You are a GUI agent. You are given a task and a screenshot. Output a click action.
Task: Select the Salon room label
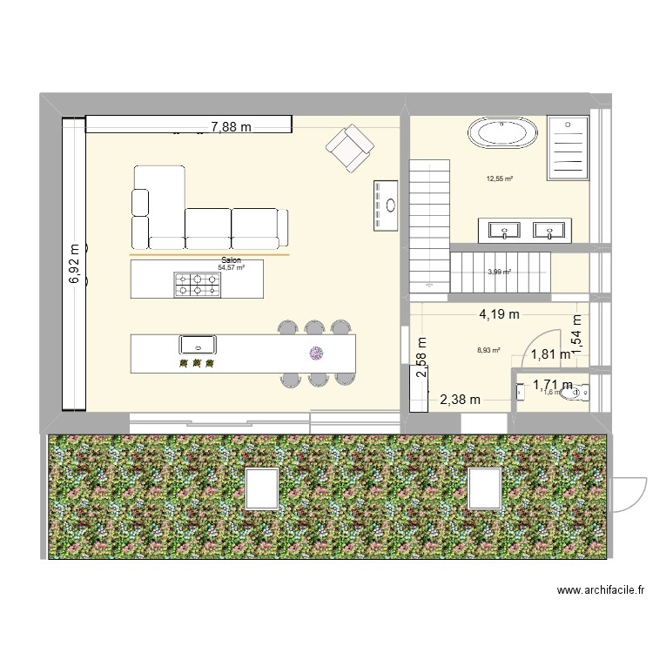[232, 260]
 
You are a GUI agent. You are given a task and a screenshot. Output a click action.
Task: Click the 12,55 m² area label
[499, 180]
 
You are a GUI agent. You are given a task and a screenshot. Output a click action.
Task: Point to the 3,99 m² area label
[499, 272]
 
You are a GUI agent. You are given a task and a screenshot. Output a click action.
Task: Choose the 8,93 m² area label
[488, 351]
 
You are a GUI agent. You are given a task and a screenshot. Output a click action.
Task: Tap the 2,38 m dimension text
[460, 400]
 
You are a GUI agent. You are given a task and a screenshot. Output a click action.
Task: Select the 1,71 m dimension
[552, 384]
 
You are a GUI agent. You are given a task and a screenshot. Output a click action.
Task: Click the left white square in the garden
[262, 488]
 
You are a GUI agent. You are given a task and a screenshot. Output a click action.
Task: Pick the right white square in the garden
[486, 488]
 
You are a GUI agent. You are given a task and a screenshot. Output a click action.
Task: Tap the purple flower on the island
[315, 352]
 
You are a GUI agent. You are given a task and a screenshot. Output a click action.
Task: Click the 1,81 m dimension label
[551, 354]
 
